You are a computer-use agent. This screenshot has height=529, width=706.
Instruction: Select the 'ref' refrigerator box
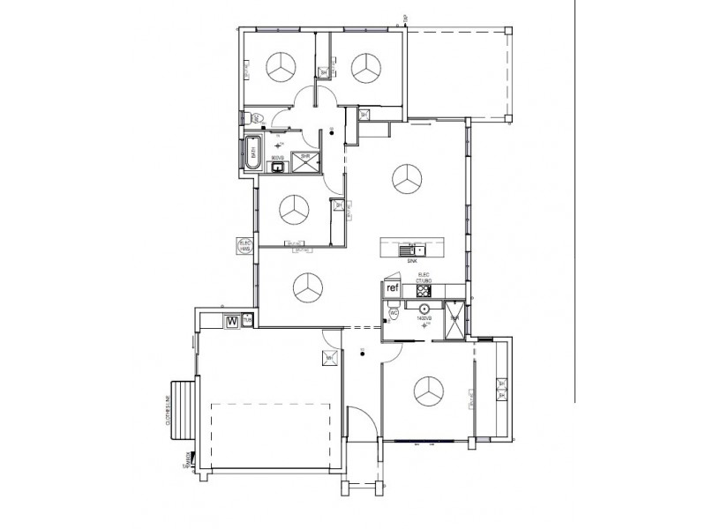[391, 288]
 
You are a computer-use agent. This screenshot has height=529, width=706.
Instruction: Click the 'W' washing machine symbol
[232, 321]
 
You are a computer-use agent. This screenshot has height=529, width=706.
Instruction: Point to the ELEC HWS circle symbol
[244, 245]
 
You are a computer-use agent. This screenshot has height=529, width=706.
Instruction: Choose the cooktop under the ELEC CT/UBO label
[424, 289]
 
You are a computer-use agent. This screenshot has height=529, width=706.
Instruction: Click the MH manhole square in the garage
[329, 358]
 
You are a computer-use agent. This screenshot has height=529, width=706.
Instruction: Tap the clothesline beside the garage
[181, 414]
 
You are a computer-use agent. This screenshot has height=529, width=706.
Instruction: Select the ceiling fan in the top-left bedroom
[282, 66]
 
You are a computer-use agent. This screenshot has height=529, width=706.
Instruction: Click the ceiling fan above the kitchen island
[406, 179]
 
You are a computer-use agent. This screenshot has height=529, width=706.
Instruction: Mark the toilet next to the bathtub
[258, 118]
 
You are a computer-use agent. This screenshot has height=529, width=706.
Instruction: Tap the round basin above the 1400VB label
[424, 309]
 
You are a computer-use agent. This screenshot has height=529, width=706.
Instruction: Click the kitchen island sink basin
[409, 250]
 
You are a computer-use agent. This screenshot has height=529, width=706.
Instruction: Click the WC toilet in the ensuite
[394, 313]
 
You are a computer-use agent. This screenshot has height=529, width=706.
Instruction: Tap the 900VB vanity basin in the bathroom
[276, 165]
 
